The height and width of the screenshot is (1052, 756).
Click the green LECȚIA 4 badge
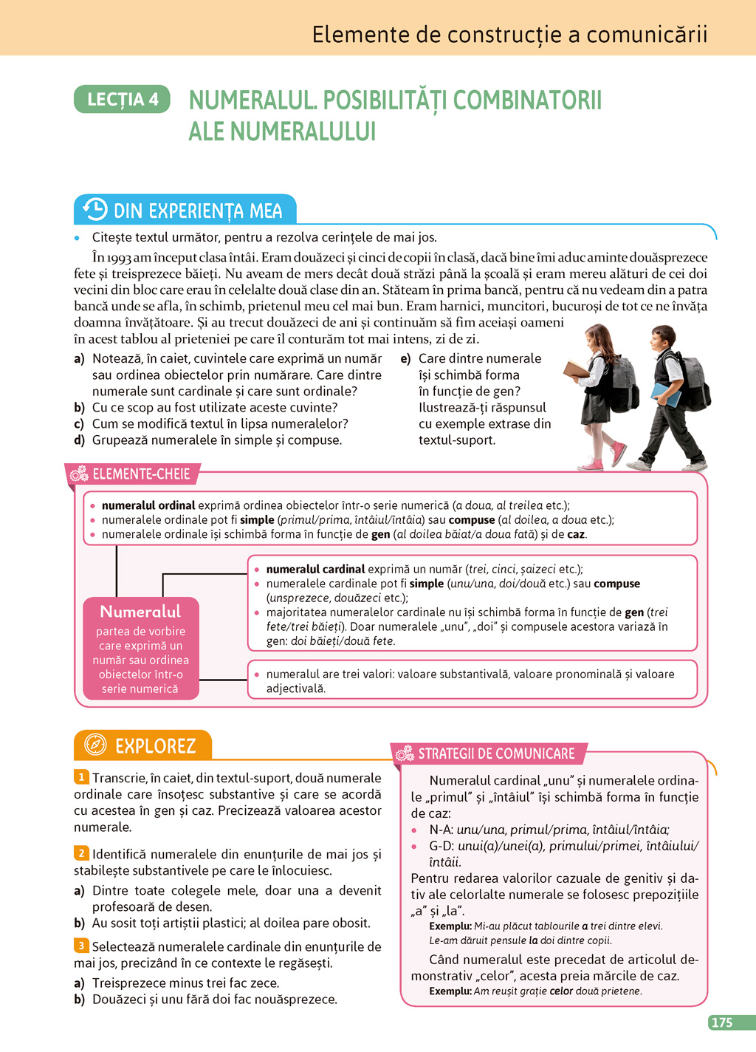(x=123, y=100)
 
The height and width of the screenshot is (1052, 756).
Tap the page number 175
(x=721, y=1022)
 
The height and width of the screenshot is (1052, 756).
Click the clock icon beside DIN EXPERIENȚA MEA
(x=95, y=210)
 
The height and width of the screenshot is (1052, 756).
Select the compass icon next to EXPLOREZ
(x=95, y=745)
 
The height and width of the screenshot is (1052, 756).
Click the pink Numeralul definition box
(x=140, y=649)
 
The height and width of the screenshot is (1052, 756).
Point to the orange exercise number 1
(x=80, y=776)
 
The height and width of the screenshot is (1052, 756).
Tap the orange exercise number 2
(x=80, y=853)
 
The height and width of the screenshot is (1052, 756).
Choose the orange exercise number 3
(x=80, y=946)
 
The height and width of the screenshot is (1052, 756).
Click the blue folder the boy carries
(x=665, y=394)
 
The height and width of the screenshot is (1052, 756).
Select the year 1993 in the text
(x=119, y=258)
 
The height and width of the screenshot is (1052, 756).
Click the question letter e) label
(x=405, y=359)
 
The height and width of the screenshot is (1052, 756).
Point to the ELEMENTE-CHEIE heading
(x=141, y=474)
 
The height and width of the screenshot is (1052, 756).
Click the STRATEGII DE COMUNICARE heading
(x=496, y=754)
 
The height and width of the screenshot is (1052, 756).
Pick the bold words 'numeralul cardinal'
(x=315, y=569)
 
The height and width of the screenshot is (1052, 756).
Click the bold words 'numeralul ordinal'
(x=148, y=505)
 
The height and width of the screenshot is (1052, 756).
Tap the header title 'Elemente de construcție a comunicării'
(x=509, y=35)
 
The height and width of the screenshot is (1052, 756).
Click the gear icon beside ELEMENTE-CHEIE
(x=79, y=474)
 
